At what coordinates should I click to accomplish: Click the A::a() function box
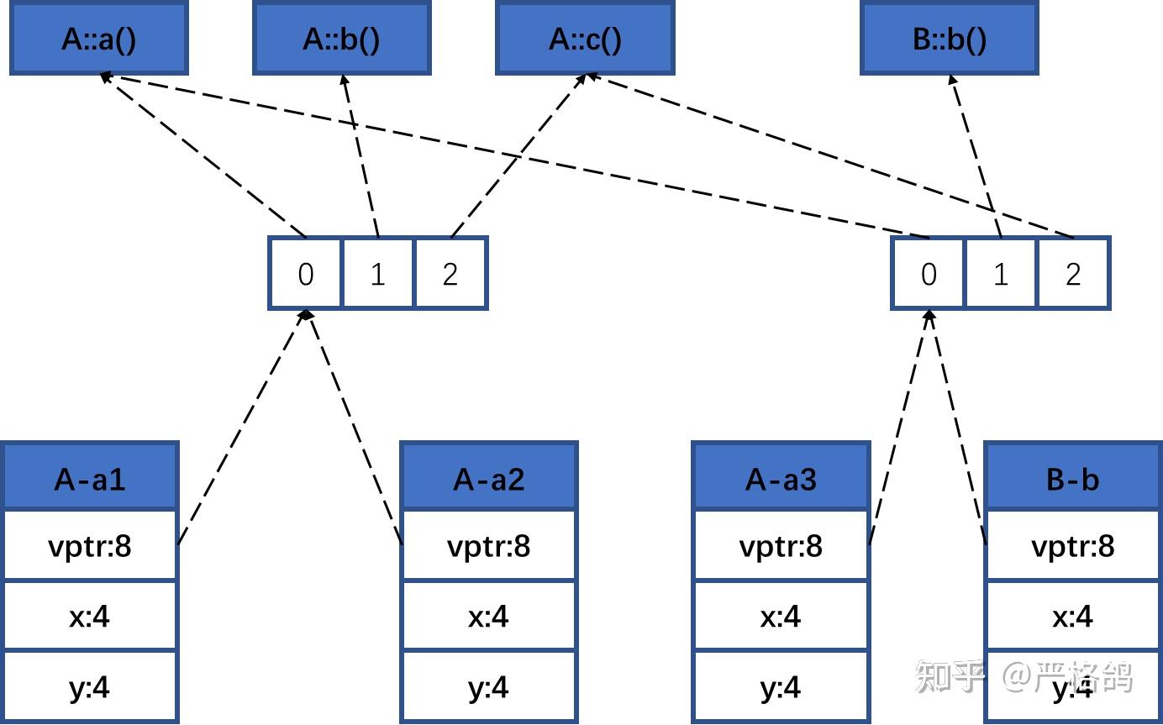pyautogui.click(x=98, y=39)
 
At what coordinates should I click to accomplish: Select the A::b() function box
pyautogui.click(x=341, y=39)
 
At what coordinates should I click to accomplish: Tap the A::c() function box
pyautogui.click(x=585, y=39)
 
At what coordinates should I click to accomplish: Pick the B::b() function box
pyautogui.click(x=950, y=39)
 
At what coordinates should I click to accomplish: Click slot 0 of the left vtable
pyautogui.click(x=306, y=274)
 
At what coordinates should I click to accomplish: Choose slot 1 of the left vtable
pyautogui.click(x=378, y=274)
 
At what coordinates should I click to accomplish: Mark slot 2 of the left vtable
pyautogui.click(x=450, y=274)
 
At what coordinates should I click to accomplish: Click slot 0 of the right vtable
pyautogui.click(x=928, y=274)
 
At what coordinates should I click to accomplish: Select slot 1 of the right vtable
pyautogui.click(x=1000, y=274)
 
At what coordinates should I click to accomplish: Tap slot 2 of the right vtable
pyautogui.click(x=1073, y=274)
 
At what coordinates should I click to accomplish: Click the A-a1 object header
pyautogui.click(x=90, y=478)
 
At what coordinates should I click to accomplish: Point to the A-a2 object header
pyautogui.click(x=489, y=478)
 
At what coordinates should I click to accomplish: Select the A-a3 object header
pyautogui.click(x=781, y=478)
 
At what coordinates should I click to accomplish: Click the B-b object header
pyautogui.click(x=1072, y=478)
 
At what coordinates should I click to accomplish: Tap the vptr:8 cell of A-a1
pyautogui.click(x=90, y=546)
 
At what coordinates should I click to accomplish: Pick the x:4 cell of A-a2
pyautogui.click(x=489, y=617)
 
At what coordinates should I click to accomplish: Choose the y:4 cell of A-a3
pyautogui.click(x=781, y=688)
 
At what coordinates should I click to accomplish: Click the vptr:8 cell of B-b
pyautogui.click(x=1072, y=546)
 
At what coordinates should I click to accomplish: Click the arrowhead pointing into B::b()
pyautogui.click(x=952, y=80)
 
